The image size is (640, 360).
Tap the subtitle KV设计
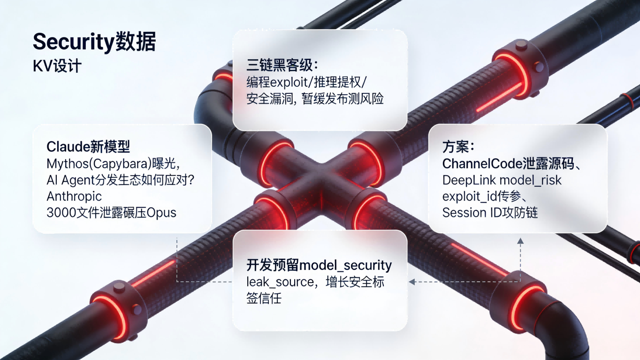(57, 66)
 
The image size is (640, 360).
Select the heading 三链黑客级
(280, 65)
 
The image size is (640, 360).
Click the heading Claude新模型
(88, 147)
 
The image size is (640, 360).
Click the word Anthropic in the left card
(74, 196)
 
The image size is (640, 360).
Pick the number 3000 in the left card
(59, 213)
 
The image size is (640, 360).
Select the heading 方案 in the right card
(456, 147)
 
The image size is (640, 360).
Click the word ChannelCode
(482, 164)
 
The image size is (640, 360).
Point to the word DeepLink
(469, 180)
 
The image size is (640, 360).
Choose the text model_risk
(531, 181)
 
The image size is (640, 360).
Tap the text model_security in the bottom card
(345, 266)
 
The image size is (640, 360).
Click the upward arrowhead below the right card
(520, 241)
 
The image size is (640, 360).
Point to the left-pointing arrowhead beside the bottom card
(411, 282)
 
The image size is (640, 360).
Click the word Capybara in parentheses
(120, 164)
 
